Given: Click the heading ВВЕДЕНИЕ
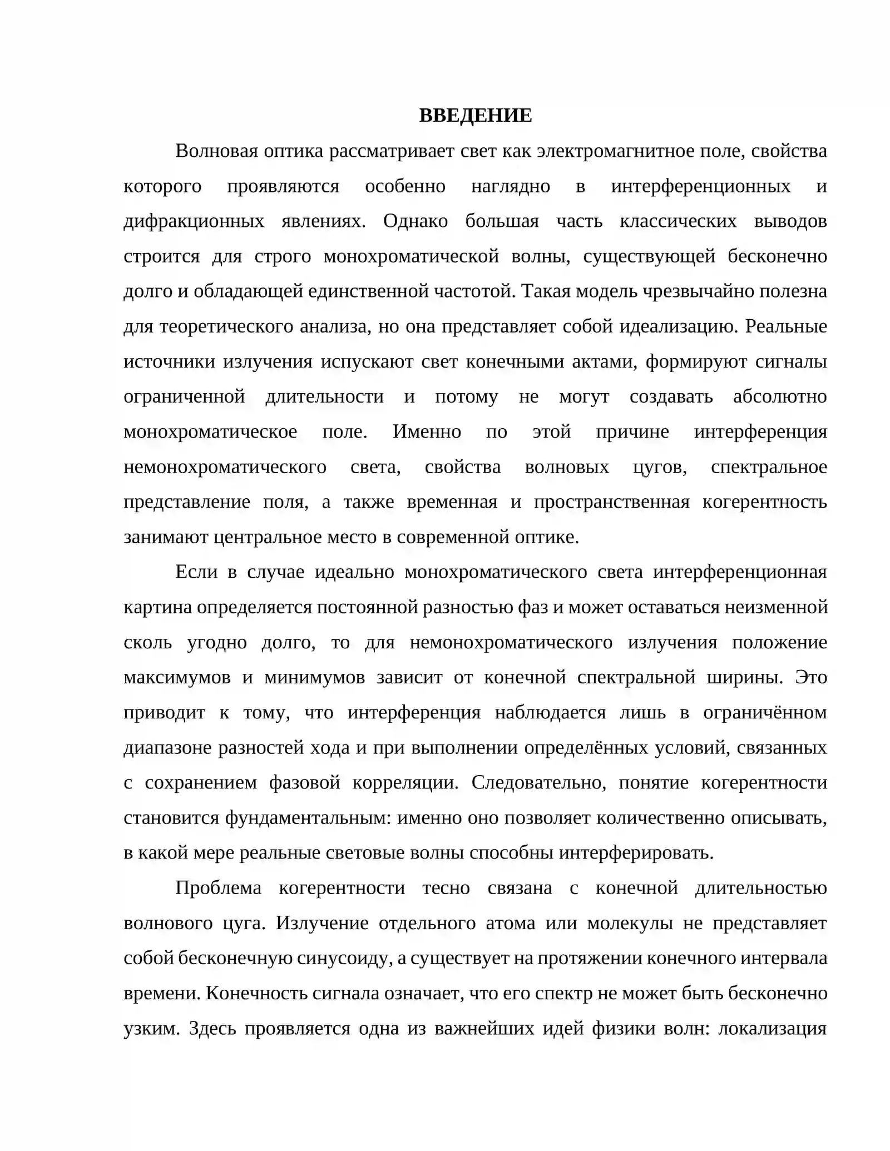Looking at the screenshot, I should click(x=475, y=115).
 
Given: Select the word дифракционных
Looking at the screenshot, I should click(x=194, y=221).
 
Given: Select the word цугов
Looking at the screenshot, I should click(x=659, y=467).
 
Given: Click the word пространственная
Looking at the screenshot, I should click(x=611, y=502).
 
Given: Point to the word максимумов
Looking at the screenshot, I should click(x=177, y=677).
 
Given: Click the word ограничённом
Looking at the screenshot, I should click(x=765, y=712).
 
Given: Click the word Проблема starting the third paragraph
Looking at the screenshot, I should click(x=218, y=888).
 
